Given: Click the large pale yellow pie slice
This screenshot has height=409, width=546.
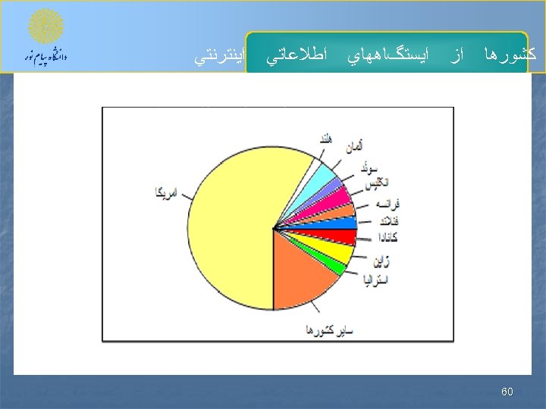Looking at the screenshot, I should (227, 227).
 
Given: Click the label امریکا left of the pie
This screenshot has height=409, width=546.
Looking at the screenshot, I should (164, 193).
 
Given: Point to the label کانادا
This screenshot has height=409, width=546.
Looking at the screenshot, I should (384, 238).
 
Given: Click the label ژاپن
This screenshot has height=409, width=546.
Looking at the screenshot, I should (381, 261).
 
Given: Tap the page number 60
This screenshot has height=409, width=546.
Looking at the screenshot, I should (507, 392).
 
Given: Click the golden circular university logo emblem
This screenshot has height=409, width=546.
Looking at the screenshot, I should (46, 27).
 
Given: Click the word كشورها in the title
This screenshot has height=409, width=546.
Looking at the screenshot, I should (515, 55).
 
